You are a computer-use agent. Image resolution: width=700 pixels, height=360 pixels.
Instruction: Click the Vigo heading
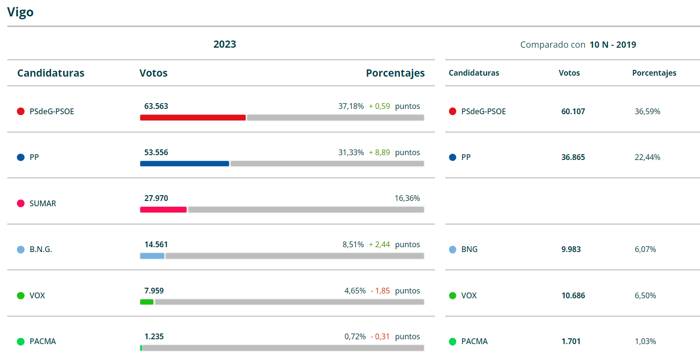pyautogui.click(x=20, y=12)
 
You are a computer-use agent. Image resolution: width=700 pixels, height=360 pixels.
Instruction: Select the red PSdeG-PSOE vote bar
pyautogui.click(x=193, y=118)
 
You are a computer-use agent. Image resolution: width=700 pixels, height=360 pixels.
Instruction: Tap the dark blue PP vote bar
pyautogui.click(x=185, y=164)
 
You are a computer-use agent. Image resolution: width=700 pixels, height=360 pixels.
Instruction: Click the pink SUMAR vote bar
pyautogui.click(x=163, y=210)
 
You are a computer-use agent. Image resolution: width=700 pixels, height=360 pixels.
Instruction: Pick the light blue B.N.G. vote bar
pyautogui.click(x=152, y=256)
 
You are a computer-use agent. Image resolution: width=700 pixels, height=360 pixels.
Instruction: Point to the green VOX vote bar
pyautogui.click(x=147, y=302)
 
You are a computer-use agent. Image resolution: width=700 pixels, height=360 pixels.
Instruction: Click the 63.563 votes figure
pyautogui.click(x=156, y=106)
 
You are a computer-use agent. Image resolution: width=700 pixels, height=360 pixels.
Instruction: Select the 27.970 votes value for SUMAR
pyautogui.click(x=156, y=198)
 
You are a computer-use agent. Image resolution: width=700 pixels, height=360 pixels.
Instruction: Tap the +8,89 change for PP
pyautogui.click(x=379, y=152)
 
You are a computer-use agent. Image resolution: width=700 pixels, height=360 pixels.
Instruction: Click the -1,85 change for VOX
pyautogui.click(x=380, y=291)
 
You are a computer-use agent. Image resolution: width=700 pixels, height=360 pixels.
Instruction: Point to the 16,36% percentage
pyautogui.click(x=407, y=198)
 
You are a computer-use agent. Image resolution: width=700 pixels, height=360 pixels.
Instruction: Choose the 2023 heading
pyautogui.click(x=225, y=44)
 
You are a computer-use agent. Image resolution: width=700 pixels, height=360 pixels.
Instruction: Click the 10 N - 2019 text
pyautogui.click(x=613, y=45)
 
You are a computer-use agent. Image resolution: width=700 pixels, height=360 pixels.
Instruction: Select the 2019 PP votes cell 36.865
pyautogui.click(x=573, y=157)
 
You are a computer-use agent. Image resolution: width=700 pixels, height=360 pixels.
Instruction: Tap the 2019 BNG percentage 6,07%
pyautogui.click(x=646, y=249)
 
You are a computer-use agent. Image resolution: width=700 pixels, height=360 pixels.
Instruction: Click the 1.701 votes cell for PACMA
pyautogui.click(x=571, y=341)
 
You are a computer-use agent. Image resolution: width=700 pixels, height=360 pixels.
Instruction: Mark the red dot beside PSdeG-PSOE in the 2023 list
pyautogui.click(x=21, y=111)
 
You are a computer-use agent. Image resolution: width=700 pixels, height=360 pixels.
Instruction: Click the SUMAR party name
pyautogui.click(x=43, y=203)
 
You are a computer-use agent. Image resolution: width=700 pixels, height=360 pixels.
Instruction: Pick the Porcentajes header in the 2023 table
pyautogui.click(x=395, y=73)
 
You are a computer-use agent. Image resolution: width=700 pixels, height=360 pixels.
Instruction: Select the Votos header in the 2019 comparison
pyautogui.click(x=569, y=73)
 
